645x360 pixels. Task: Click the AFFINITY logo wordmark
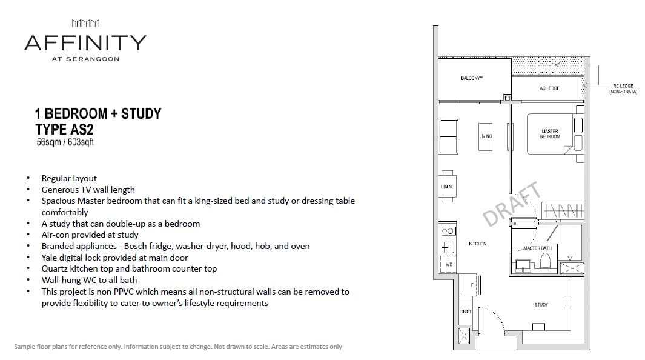point(85,43)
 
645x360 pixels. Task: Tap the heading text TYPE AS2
point(64,130)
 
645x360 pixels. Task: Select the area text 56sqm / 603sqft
point(65,142)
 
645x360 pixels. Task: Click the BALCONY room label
point(471,78)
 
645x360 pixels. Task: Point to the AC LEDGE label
point(549,88)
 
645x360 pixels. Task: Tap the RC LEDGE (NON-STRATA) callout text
point(623,89)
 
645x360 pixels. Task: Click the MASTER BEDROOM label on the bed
point(550,134)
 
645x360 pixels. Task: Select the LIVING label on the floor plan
point(485,136)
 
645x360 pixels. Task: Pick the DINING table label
point(448,187)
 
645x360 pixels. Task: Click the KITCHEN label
point(478,244)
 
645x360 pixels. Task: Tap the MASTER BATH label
point(537,248)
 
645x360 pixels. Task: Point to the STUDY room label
point(541,305)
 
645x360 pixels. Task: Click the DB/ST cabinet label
point(466,312)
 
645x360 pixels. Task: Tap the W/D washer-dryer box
point(448,264)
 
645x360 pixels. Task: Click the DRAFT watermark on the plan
point(512,204)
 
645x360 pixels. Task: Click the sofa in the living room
point(448,136)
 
